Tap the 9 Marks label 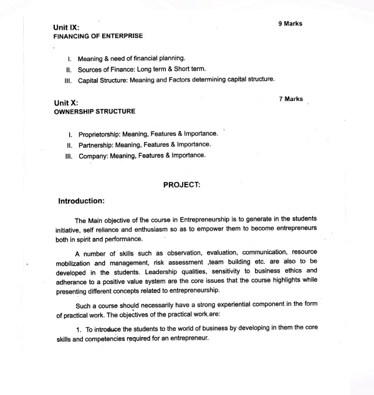coord(290,24)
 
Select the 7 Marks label coord(290,98)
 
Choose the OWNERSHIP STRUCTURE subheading coord(94,112)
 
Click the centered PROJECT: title coord(181,185)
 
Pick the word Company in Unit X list coord(92,155)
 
